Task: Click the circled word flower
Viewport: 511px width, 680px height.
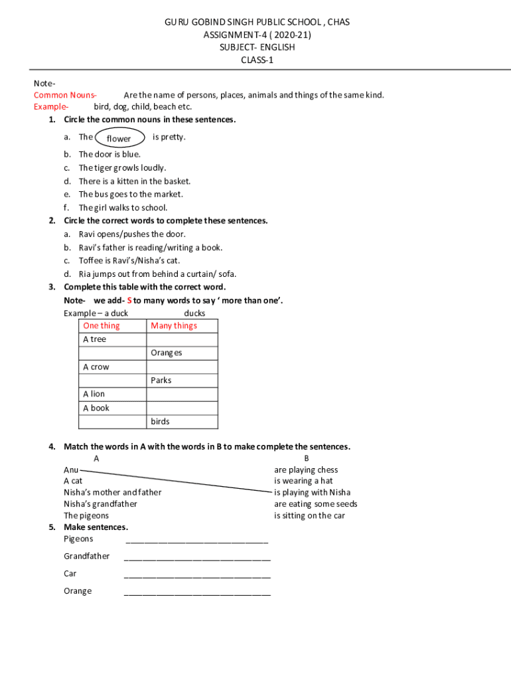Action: click(x=119, y=138)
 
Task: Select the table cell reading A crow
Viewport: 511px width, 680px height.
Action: click(x=96, y=367)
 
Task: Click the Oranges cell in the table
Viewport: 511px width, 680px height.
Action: click(x=166, y=353)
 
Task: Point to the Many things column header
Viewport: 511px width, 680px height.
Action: click(x=174, y=325)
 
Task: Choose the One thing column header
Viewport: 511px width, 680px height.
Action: click(x=102, y=325)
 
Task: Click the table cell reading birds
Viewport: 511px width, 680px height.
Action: click(x=160, y=421)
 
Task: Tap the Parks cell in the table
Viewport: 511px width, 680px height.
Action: click(x=161, y=381)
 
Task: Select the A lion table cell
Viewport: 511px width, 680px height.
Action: click(x=94, y=394)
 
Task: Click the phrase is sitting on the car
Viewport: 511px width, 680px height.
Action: click(x=309, y=515)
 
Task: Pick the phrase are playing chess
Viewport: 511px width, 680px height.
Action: click(x=306, y=469)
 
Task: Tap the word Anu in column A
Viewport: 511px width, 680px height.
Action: click(x=71, y=469)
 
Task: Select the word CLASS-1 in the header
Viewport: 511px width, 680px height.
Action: click(x=256, y=60)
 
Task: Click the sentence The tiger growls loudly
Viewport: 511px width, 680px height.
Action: click(x=122, y=168)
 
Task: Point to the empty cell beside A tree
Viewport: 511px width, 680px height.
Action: click(x=182, y=339)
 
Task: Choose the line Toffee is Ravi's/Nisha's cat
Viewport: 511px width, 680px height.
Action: click(x=129, y=260)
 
